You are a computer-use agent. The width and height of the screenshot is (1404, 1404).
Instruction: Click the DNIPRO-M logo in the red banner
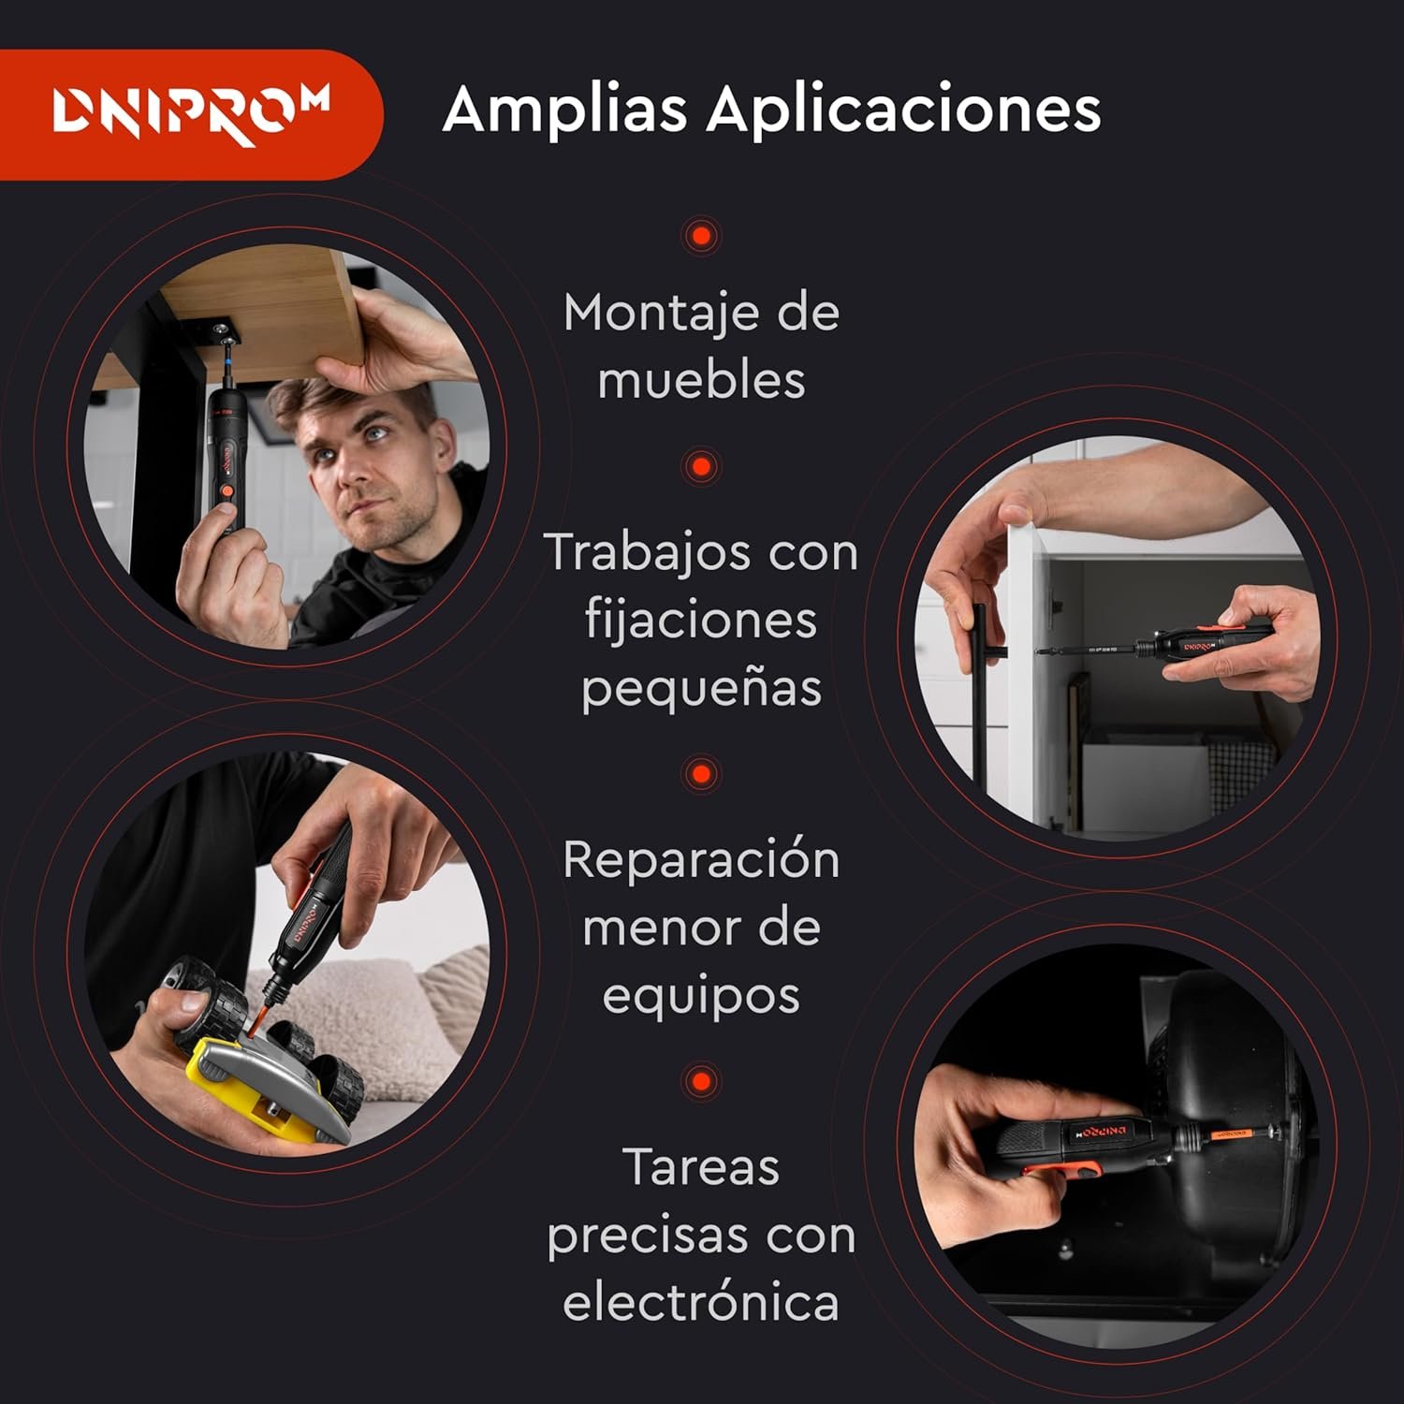[x=191, y=115]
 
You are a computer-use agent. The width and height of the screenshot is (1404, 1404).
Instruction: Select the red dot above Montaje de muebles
[x=701, y=235]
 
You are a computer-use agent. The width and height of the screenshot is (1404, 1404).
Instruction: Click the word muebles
[x=702, y=380]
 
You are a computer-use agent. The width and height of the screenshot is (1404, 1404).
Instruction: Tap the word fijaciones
[x=701, y=620]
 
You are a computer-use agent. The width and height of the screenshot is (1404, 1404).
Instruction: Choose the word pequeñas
[x=702, y=689]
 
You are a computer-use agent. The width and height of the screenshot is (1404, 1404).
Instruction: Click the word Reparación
[x=701, y=859]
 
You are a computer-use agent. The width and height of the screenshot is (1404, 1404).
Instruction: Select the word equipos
[x=701, y=996]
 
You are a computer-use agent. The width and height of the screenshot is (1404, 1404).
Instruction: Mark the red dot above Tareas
[x=701, y=1081]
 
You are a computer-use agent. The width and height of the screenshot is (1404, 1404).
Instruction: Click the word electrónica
[x=701, y=1302]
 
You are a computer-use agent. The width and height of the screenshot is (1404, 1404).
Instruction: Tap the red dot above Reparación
[x=701, y=774]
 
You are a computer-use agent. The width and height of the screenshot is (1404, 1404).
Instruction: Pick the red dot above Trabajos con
[x=701, y=466]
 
